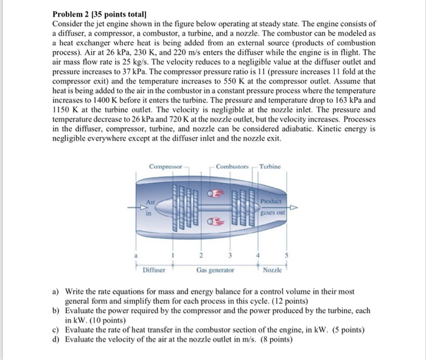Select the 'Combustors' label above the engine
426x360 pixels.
point(232,166)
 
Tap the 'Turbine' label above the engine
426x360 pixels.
point(270,166)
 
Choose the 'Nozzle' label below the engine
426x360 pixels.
point(273,269)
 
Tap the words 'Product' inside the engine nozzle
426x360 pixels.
point(271,202)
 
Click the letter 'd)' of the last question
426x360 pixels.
point(57,339)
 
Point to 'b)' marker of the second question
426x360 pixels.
point(57,311)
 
